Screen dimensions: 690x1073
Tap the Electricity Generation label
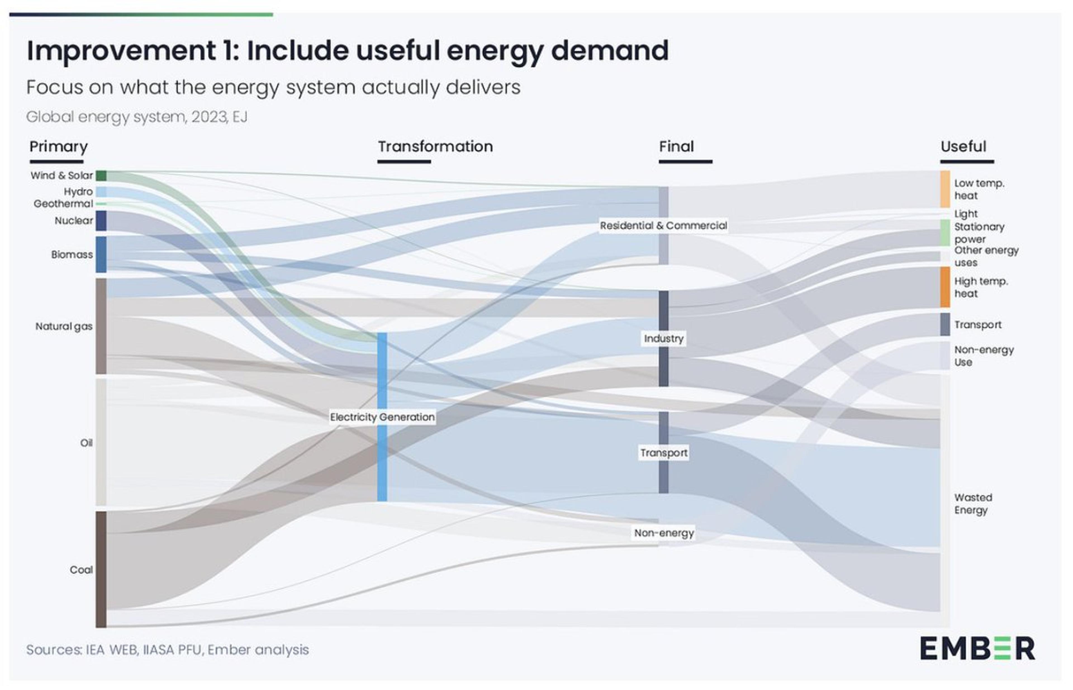pos(382,417)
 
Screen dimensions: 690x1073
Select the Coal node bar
pos(101,569)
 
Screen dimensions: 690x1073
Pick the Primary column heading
pos(58,146)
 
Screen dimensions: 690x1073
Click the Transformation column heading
pos(435,146)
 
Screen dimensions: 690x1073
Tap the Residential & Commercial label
pos(663,225)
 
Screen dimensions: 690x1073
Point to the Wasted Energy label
pos(973,504)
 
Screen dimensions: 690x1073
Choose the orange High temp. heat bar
pos(945,287)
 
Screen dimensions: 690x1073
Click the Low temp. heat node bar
pos(945,189)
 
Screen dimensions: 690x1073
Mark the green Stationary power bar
pos(945,232)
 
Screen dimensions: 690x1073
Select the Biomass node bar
pos(101,254)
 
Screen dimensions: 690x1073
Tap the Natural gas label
pos(64,326)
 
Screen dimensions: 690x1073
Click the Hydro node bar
pos(101,192)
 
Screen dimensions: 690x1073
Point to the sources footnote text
pos(167,650)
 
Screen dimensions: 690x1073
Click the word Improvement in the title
pos(121,51)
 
